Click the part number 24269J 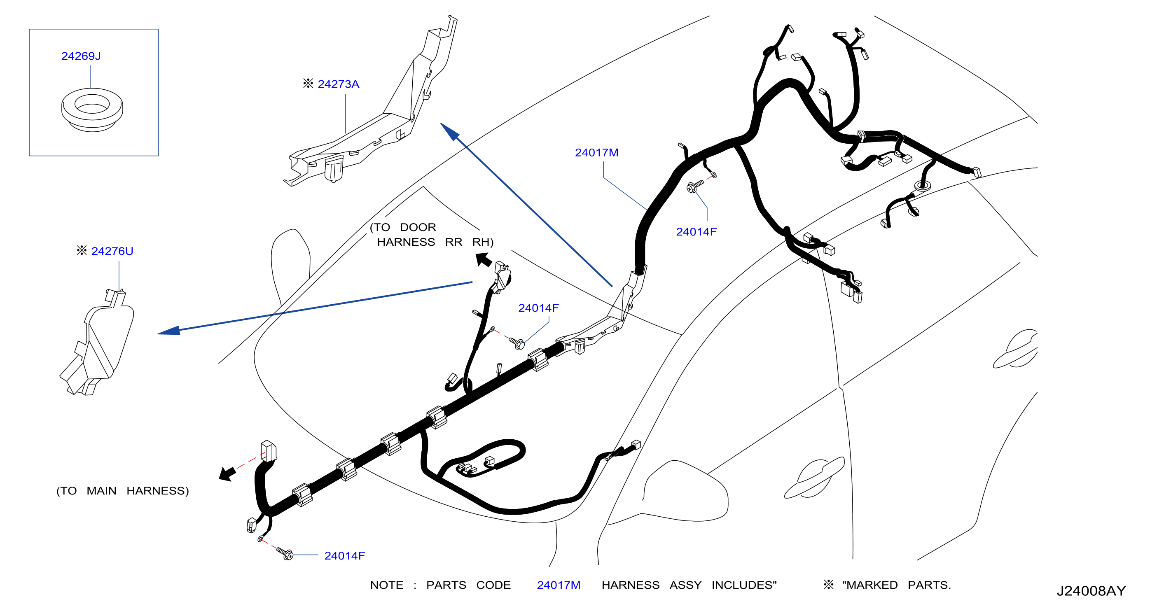click(81, 56)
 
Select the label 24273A click(338, 84)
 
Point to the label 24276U click(112, 251)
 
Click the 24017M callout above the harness click(596, 153)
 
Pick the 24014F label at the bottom click(345, 555)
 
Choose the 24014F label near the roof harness click(697, 232)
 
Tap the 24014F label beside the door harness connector click(538, 308)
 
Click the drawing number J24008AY click(1091, 590)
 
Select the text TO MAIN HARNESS click(123, 491)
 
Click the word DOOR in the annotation click(418, 227)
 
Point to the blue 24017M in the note click(559, 585)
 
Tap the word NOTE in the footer click(386, 585)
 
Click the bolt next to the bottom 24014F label click(285, 553)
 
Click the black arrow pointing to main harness click(228, 474)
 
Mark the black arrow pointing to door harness click(483, 260)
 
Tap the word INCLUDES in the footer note click(744, 585)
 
